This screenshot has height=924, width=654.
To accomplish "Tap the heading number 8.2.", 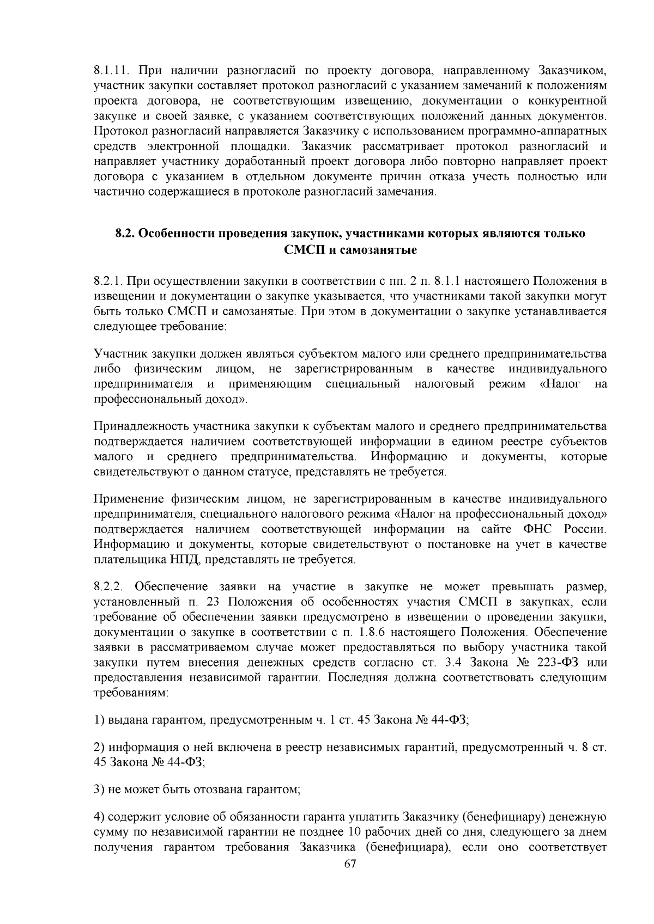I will click(x=125, y=234).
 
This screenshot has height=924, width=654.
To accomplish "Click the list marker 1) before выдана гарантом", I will click(x=99, y=720).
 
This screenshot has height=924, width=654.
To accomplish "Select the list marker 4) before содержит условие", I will click(x=99, y=818).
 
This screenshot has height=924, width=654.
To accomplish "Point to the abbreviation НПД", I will click(x=174, y=559).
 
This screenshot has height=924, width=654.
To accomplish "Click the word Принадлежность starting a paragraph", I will click(x=132, y=426).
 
